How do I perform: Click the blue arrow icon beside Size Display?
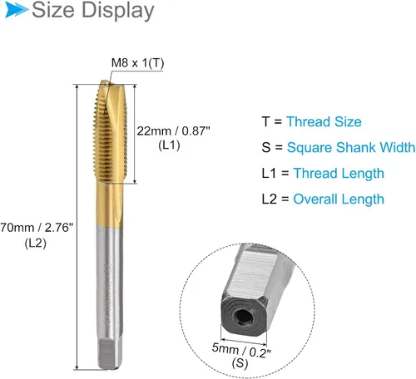(x=17, y=10)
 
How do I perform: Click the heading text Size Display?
(x=93, y=11)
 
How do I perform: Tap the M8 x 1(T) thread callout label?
(x=137, y=63)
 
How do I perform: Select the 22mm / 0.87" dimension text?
(x=173, y=130)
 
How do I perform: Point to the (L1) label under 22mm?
(x=169, y=145)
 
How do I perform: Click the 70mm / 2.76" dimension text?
(x=37, y=228)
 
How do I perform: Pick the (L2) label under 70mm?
(x=35, y=244)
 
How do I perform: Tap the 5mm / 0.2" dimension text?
(x=241, y=351)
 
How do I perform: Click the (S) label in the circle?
(x=240, y=362)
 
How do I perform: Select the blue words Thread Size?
(x=324, y=121)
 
